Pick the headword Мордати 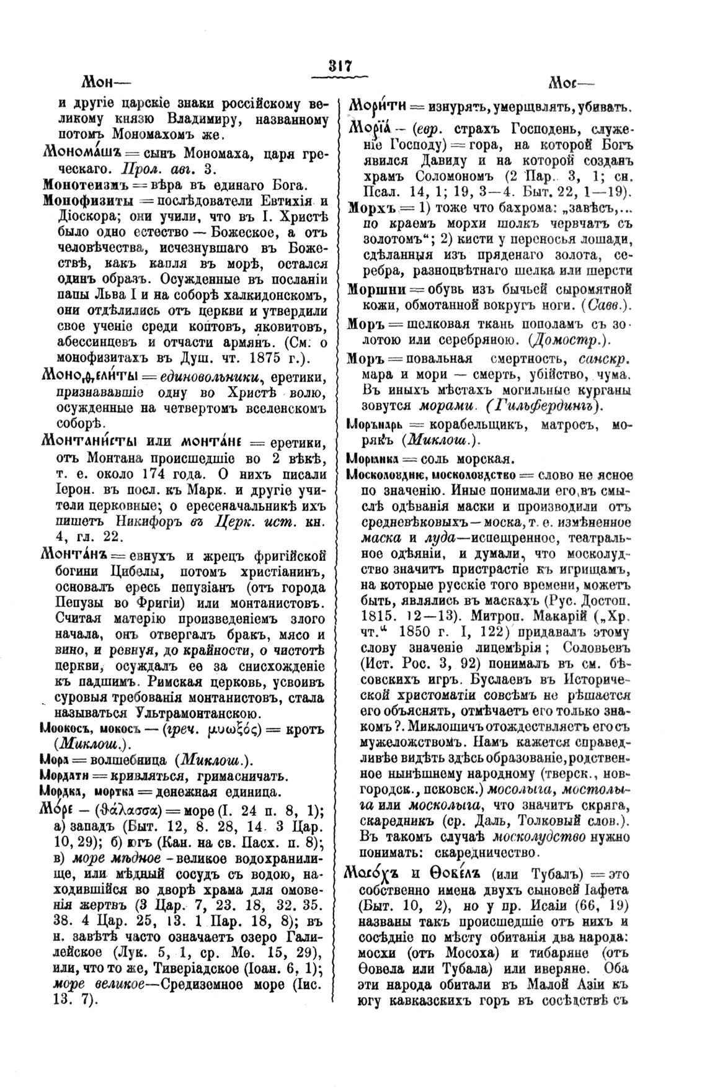65,776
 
